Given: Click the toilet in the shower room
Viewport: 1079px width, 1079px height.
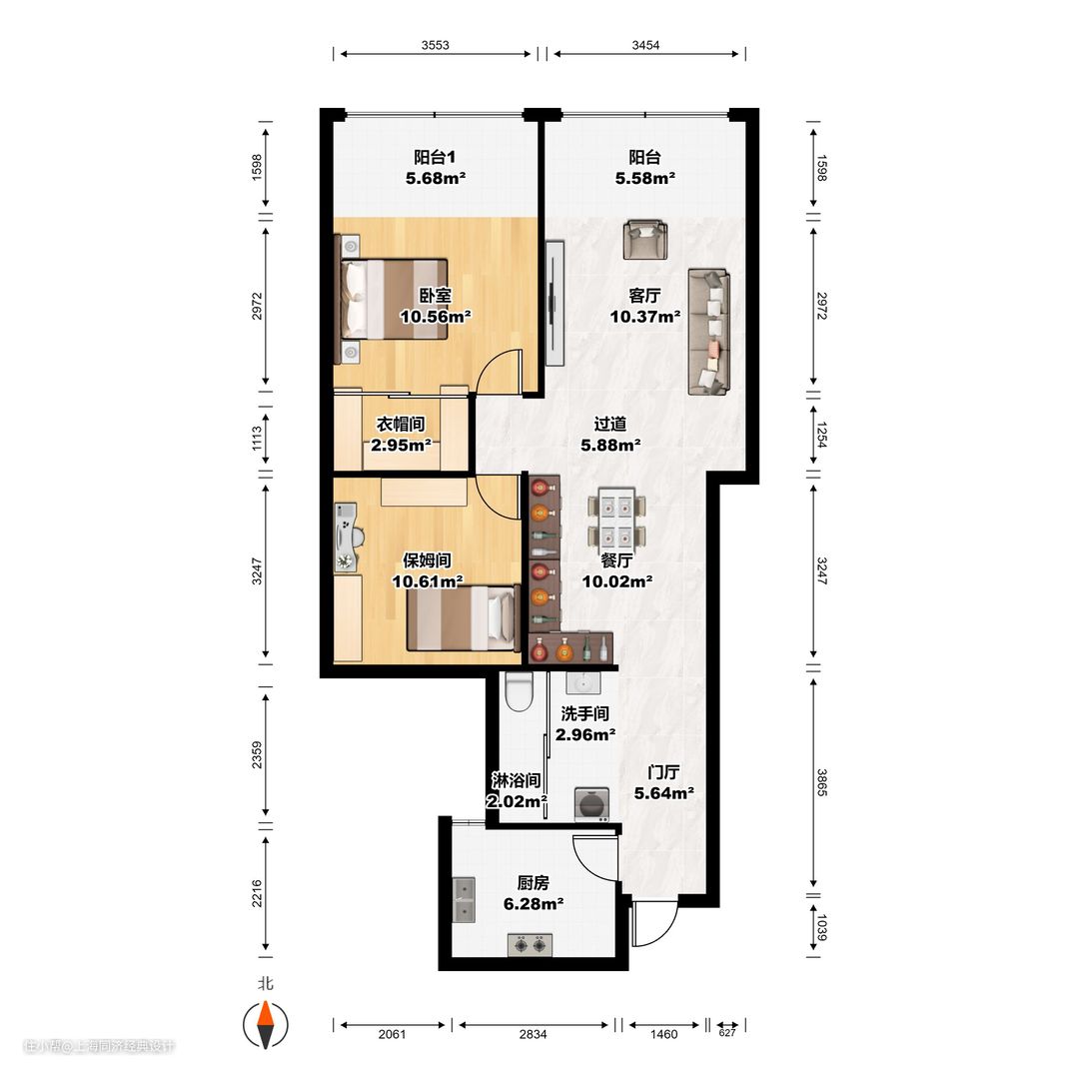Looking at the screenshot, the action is pos(519,691).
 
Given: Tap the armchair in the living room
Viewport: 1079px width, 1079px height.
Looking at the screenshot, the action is pos(644,240).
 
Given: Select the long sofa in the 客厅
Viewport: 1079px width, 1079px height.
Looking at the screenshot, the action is pos(708,332).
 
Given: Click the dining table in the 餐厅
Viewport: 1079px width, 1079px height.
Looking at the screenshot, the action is pos(616,517).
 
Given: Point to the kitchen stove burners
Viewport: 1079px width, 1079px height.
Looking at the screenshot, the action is pos(530,945).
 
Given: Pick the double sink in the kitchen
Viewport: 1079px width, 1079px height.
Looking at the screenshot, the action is pos(464,900).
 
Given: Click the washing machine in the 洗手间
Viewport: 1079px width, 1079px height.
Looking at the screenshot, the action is pos(591,804).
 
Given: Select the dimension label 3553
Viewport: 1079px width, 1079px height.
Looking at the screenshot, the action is pos(435,45).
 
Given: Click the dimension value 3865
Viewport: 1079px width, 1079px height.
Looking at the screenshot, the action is pos(821,782).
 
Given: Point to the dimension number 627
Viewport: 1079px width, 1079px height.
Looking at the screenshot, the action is pos(727,1032).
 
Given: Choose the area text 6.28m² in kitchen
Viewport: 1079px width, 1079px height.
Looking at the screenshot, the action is pos(534,903).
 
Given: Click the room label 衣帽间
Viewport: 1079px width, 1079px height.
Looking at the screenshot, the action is pos(401,424).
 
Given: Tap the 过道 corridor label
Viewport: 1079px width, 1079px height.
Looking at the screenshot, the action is pos(610,424).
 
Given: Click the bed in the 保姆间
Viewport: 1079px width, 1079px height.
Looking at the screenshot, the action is pos(464,617).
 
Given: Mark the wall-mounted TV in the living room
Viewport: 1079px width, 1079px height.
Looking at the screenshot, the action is pos(553,303).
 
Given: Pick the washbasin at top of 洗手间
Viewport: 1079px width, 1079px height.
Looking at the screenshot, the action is pos(582,682).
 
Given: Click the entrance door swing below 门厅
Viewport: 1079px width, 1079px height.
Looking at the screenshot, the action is pos(653,921).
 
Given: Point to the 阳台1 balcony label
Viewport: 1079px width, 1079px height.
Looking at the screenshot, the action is pos(435,158).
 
